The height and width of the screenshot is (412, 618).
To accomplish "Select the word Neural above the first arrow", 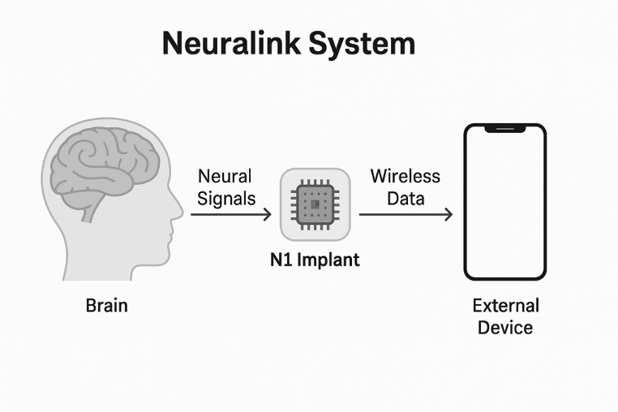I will [225, 176].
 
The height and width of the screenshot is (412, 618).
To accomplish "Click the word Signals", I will [226, 198].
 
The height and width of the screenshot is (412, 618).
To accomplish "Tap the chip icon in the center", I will [315, 204].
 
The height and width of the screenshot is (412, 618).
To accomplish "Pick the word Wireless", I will [405, 176].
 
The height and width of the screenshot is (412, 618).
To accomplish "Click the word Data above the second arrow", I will [406, 198].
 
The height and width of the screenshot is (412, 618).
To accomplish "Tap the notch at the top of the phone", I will [504, 128].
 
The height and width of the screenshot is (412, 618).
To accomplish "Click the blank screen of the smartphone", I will [504, 203].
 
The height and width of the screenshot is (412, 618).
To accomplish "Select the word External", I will [505, 306].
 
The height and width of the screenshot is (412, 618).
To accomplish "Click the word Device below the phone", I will [505, 328].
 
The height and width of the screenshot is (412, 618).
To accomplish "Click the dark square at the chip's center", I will [315, 204].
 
